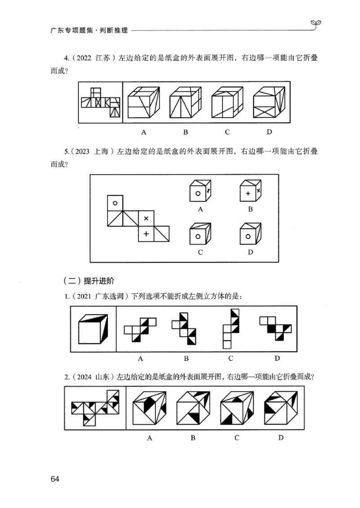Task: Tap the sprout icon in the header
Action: click(x=316, y=23)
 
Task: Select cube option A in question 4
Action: click(x=144, y=102)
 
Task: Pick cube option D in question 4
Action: click(x=269, y=102)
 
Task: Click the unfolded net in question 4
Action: click(x=101, y=103)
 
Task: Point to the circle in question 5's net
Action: click(x=115, y=204)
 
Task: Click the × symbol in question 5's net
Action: click(x=146, y=218)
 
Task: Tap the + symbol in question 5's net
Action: click(x=146, y=234)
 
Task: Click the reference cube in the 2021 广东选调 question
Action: click(x=93, y=328)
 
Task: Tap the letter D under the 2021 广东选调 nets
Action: click(x=277, y=358)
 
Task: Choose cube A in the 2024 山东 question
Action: click(x=148, y=408)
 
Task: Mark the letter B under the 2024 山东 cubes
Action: click(x=193, y=438)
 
